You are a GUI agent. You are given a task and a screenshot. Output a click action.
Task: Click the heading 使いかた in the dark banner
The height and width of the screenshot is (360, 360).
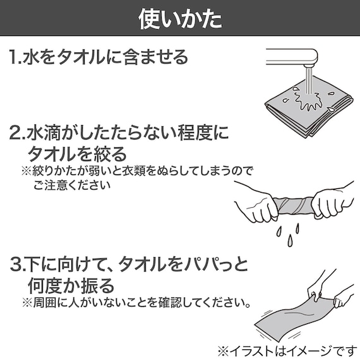pos(180,18)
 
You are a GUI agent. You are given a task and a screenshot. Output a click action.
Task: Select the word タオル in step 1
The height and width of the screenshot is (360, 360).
pos(79,57)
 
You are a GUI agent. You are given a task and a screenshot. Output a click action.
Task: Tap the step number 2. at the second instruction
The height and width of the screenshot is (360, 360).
pos(17,134)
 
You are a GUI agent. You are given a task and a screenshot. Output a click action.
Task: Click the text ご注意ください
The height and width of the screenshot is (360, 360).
pos(72,186)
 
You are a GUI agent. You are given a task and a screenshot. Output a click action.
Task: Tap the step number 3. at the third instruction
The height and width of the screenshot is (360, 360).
pos(17,262)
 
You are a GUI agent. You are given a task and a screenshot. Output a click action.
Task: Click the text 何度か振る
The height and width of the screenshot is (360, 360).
pos(71,282)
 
